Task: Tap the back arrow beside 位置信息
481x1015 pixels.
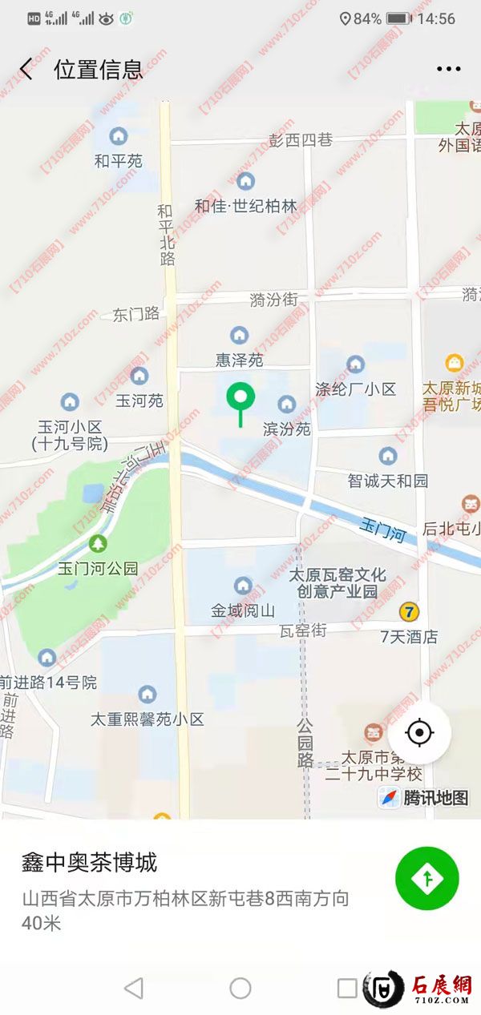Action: pos(26,69)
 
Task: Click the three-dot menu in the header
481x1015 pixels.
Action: pos(448,69)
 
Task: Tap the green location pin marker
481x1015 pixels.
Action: pos(240,398)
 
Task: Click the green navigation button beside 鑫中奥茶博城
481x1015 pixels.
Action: pos(426,879)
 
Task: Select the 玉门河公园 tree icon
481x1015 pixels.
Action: pos(98,544)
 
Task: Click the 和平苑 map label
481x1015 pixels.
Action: pos(119,161)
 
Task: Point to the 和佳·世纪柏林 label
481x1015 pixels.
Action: pos(245,206)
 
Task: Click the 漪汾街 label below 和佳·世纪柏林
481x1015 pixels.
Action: pos(273,300)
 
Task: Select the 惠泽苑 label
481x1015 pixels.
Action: pos(239,360)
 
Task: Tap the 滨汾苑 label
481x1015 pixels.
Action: pos(286,429)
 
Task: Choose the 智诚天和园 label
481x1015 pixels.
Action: pos(388,481)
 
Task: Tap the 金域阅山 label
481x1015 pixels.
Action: pos(243,610)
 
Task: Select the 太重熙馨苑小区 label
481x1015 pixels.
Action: pos(148,719)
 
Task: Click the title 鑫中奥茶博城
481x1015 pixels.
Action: pos(89,863)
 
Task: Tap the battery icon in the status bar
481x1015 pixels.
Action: pos(398,18)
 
